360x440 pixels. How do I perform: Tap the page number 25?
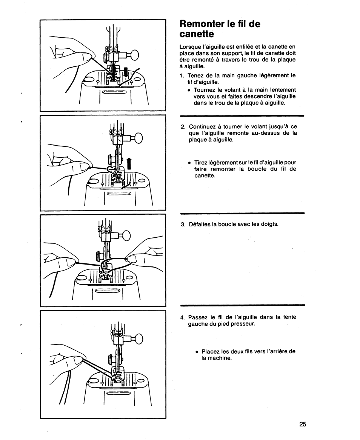click(x=302, y=424)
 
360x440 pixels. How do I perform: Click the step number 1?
click(x=182, y=75)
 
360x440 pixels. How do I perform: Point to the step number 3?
click(x=183, y=224)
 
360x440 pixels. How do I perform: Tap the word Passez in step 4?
click(x=197, y=317)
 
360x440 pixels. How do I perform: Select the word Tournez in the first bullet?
click(x=205, y=90)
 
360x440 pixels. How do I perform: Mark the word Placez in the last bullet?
click(x=211, y=351)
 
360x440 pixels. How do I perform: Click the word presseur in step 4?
click(x=243, y=323)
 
